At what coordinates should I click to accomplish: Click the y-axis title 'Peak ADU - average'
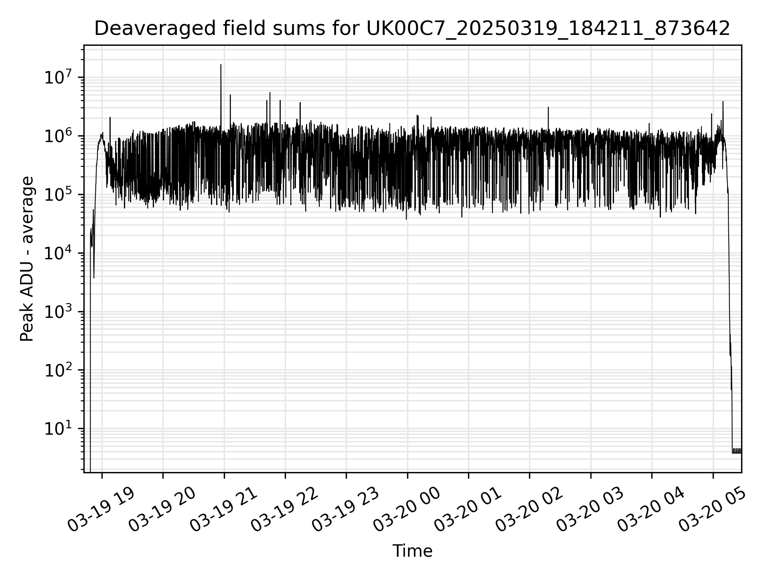[x=27, y=259]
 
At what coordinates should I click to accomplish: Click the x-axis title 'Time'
[x=412, y=552]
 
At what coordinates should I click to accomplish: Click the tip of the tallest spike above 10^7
[x=221, y=65]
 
